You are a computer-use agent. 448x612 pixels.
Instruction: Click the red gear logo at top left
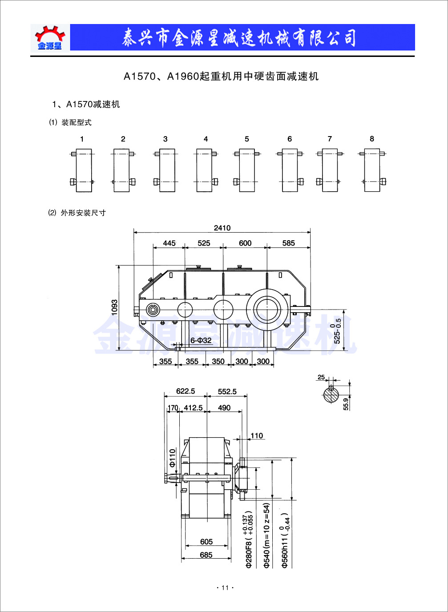[50, 37]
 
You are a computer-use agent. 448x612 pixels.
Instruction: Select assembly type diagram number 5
[247, 170]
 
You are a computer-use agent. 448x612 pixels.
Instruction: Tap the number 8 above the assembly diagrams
[372, 139]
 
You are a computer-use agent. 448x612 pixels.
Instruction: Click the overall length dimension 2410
[222, 228]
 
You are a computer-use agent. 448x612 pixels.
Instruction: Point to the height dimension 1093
[115, 307]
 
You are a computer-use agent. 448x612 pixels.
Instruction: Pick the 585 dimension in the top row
[288, 243]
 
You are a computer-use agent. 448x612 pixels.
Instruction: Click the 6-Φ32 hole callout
[201, 340]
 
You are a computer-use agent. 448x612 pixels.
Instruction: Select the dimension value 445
[169, 243]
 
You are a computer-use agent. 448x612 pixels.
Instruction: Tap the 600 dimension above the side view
[245, 243]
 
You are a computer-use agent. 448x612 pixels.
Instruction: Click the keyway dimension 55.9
[346, 403]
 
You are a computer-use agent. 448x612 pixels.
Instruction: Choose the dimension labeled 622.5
[186, 391]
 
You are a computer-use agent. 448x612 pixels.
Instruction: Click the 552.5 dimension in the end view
[227, 392]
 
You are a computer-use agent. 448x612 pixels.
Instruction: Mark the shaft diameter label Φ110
[173, 458]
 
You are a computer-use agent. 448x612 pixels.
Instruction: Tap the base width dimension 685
[206, 555]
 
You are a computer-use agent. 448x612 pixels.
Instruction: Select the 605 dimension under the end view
[206, 542]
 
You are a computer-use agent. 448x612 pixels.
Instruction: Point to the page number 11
[225, 588]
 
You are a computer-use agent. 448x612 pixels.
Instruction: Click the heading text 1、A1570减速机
[86, 105]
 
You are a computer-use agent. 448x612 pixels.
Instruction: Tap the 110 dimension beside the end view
[257, 436]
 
